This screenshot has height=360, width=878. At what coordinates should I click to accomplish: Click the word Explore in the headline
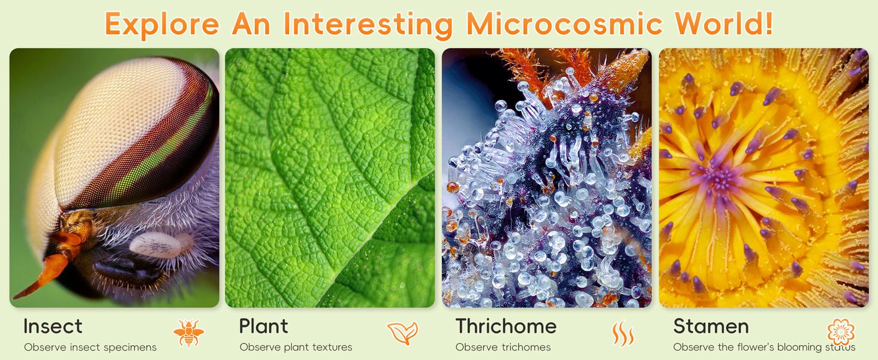pyautogui.click(x=162, y=23)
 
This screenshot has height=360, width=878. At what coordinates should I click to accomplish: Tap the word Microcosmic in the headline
pyautogui.click(x=563, y=23)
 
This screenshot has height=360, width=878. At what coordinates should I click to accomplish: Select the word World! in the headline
pyautogui.click(x=723, y=23)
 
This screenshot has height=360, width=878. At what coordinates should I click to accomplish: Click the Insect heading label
pyautogui.click(x=53, y=326)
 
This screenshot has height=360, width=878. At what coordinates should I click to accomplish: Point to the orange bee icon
pyautogui.click(x=188, y=333)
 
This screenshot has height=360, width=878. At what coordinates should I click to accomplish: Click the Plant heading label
pyautogui.click(x=263, y=326)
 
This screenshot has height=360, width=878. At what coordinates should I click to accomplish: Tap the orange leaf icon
pyautogui.click(x=402, y=333)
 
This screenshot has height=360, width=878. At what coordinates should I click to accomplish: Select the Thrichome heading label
pyautogui.click(x=506, y=326)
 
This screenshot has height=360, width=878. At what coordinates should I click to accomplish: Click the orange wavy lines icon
pyautogui.click(x=623, y=334)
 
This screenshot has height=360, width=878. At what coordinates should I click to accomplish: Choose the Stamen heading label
pyautogui.click(x=711, y=326)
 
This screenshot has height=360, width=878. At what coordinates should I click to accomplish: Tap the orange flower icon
pyautogui.click(x=841, y=332)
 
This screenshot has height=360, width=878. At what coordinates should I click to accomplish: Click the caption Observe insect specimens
pyautogui.click(x=90, y=347)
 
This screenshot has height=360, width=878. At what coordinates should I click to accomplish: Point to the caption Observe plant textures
pyautogui.click(x=296, y=347)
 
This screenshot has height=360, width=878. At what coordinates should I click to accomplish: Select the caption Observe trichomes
pyautogui.click(x=503, y=347)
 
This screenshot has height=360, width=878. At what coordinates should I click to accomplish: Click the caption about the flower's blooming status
pyautogui.click(x=764, y=347)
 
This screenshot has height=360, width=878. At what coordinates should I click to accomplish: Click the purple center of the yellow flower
pyautogui.click(x=719, y=178)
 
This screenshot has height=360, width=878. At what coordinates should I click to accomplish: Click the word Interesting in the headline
pyautogui.click(x=368, y=23)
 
